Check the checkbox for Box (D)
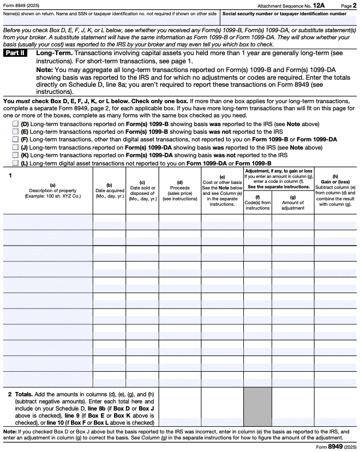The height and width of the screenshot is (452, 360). (15, 124)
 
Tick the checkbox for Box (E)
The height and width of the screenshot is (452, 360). (15, 132)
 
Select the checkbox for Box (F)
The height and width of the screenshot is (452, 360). (15, 139)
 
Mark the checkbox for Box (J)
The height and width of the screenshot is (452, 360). (15, 147)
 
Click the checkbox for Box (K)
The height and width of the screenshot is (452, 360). (15, 154)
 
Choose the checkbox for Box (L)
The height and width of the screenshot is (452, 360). (15, 163)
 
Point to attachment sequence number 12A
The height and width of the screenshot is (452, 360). (325, 5)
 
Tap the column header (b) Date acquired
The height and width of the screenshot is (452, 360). (109, 192)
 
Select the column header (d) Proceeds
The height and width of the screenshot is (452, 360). (179, 191)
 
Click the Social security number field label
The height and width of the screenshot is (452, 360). (284, 13)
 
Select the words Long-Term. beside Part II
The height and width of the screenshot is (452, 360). (53, 53)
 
